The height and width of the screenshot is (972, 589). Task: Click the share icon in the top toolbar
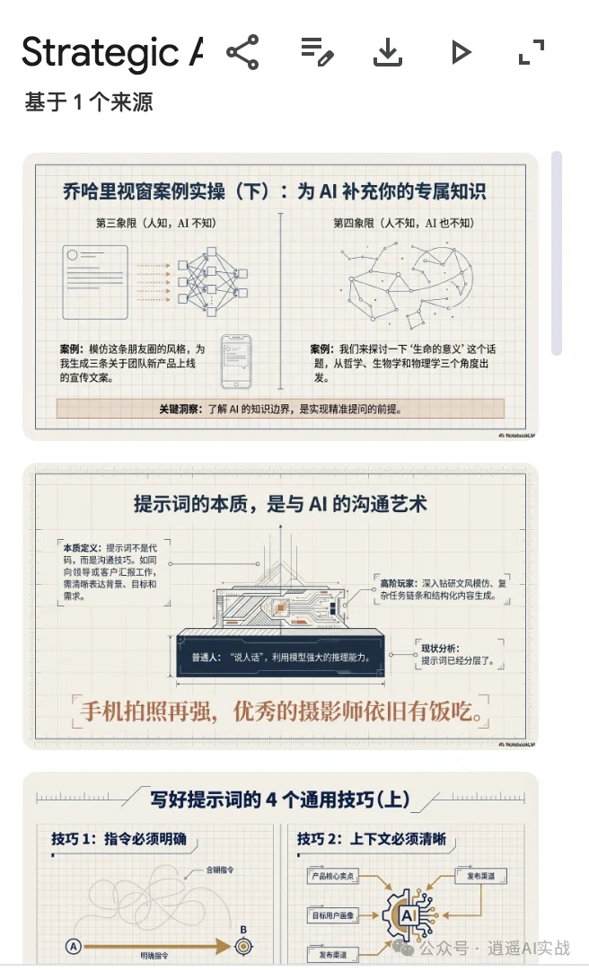click(x=242, y=53)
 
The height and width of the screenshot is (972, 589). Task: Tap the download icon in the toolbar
click(x=388, y=53)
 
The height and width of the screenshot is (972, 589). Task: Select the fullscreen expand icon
click(x=532, y=53)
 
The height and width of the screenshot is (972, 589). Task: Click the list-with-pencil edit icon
click(x=316, y=53)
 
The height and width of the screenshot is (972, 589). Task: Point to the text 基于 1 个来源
click(x=89, y=102)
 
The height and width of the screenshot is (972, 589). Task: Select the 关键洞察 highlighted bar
click(x=280, y=410)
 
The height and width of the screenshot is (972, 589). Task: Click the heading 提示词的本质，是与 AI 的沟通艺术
click(x=280, y=504)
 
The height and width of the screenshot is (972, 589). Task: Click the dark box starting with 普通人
click(x=281, y=657)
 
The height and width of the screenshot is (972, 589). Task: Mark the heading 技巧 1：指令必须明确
click(x=119, y=839)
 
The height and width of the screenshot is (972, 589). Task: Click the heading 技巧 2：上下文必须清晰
click(x=371, y=839)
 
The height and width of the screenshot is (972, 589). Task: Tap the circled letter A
click(x=74, y=945)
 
